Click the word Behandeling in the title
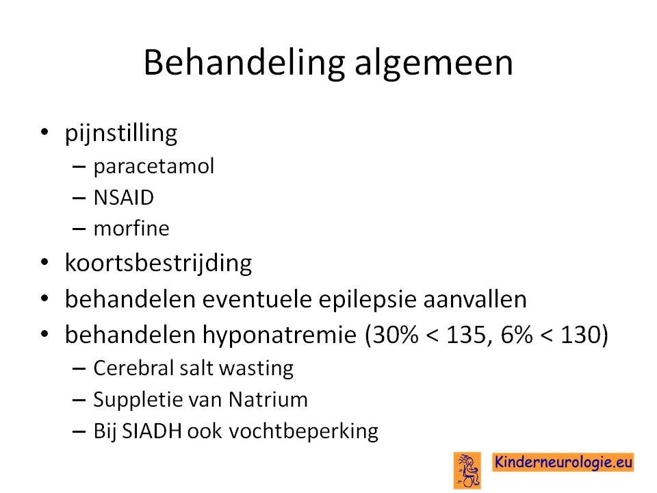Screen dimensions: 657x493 244,63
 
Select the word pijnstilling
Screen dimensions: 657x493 121,134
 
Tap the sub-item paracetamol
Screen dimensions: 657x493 154,166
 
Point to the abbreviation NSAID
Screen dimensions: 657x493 124,197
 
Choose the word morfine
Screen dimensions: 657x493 131,229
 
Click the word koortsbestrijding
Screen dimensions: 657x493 158,264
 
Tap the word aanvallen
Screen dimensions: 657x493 475,299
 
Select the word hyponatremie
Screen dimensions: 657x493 279,335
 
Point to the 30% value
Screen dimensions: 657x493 395,335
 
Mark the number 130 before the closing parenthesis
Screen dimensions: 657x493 579,335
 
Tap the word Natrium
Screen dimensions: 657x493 268,399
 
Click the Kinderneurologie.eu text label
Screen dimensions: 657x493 563,462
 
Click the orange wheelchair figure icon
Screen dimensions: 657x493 467,470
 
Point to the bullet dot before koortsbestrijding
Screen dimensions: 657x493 44,263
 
